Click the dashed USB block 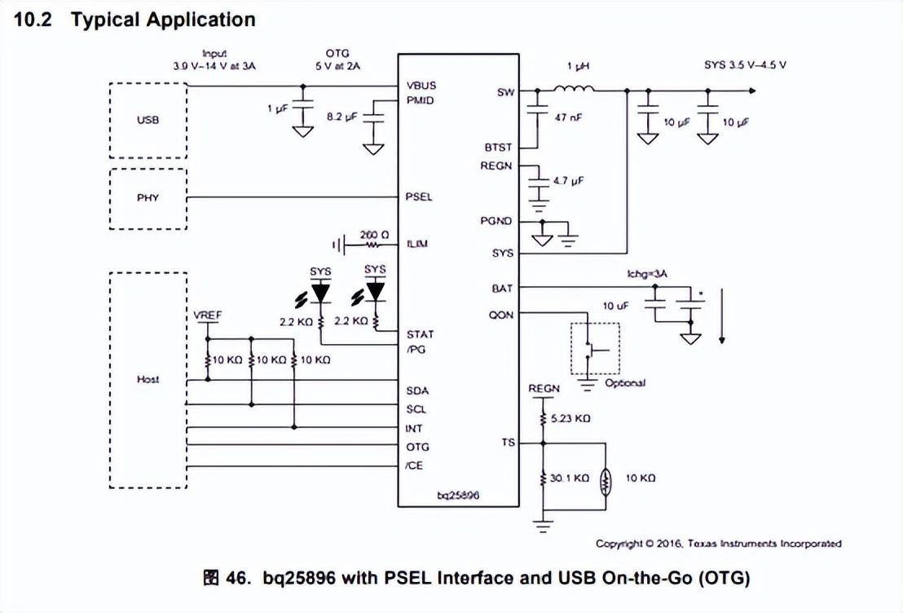(x=148, y=121)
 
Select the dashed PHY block (x=148, y=198)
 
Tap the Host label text (x=148, y=379)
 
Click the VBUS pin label (x=421, y=86)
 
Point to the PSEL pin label (x=419, y=197)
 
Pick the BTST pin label (x=497, y=148)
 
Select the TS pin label (x=508, y=443)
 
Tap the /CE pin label (x=415, y=465)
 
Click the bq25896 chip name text (x=459, y=495)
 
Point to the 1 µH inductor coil (x=573, y=89)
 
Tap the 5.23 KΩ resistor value (x=570, y=418)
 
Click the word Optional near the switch (x=625, y=383)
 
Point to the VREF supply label (x=208, y=315)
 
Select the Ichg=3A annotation (x=648, y=275)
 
